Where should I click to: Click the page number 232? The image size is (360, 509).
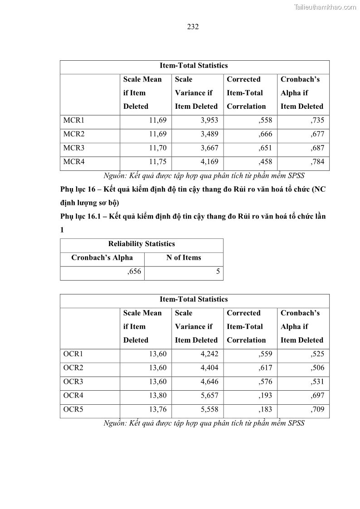tap(193, 27)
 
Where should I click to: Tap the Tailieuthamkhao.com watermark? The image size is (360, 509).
tap(325, 7)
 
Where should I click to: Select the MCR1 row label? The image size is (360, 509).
tap(74, 121)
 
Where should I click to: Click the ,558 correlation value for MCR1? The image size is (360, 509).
tap(265, 121)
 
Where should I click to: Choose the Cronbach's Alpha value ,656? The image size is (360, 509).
tap(134, 271)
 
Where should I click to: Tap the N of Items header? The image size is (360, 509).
tap(184, 257)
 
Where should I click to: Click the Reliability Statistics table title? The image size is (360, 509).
tap(141, 244)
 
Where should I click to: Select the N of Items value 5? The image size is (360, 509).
tap(218, 271)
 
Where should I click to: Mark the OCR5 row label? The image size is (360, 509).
tap(73, 409)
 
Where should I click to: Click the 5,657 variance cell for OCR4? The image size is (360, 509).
tap(209, 395)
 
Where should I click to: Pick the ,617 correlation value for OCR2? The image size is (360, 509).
tap(265, 368)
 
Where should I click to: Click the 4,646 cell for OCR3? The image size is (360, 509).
tap(209, 382)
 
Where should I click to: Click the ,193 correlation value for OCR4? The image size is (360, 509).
tap(265, 395)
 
